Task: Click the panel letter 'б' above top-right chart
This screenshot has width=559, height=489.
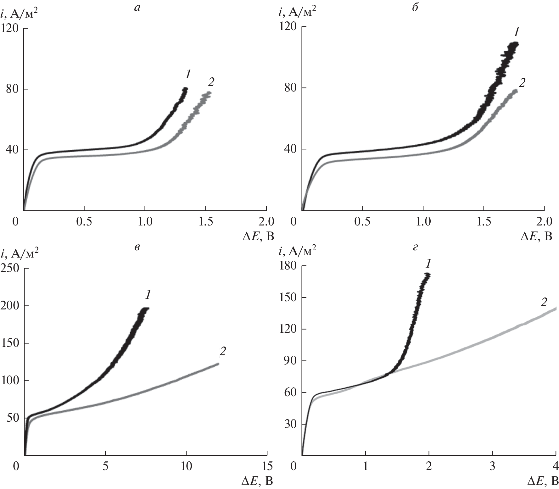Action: pos(415,8)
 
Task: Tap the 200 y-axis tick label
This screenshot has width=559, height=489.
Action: pos(11,306)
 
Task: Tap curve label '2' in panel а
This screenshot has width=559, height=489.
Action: pos(211,82)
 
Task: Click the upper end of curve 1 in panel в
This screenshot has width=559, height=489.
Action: pos(147,309)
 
